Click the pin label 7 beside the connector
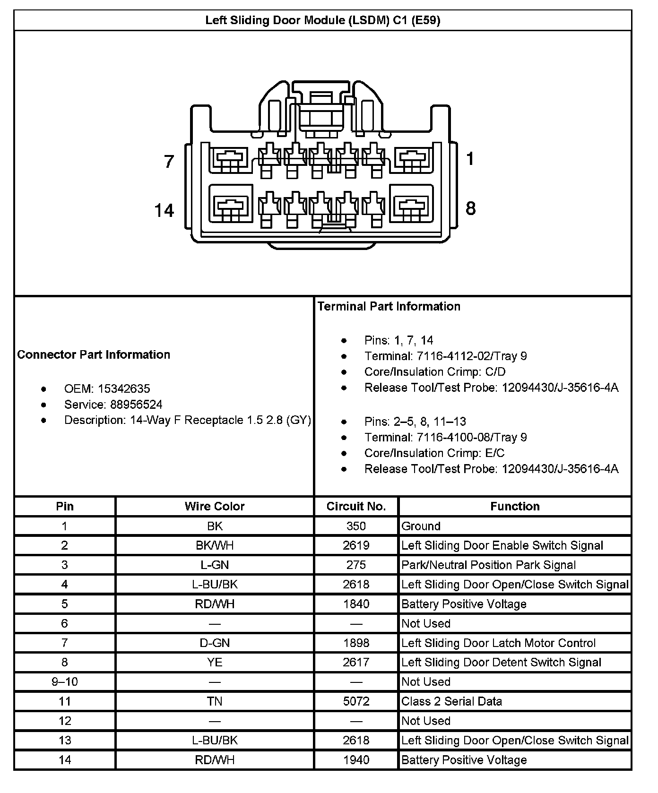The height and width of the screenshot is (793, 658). click(x=169, y=162)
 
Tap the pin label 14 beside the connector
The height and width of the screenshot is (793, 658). click(x=164, y=210)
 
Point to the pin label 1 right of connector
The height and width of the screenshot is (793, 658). click(x=470, y=159)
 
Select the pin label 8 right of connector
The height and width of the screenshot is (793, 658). click(x=470, y=208)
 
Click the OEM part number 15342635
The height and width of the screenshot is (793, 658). click(x=124, y=388)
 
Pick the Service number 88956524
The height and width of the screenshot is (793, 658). click(x=136, y=405)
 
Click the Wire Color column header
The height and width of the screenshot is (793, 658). click(x=215, y=507)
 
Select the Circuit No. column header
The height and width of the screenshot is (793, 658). click(x=356, y=507)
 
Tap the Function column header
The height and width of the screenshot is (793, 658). click(x=515, y=507)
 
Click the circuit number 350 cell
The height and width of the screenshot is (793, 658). click(x=356, y=526)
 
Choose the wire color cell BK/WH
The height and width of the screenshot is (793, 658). click(x=215, y=545)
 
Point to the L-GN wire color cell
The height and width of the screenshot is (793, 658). click(x=215, y=565)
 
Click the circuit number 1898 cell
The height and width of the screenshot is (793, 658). click(x=356, y=643)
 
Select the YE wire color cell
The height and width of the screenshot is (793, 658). click(x=215, y=662)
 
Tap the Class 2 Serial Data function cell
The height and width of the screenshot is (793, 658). click(x=451, y=701)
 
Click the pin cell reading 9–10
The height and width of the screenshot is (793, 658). click(x=65, y=681)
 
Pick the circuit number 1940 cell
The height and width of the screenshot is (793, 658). click(x=356, y=760)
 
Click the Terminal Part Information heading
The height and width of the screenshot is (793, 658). click(x=389, y=306)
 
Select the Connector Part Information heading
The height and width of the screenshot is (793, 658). click(x=94, y=354)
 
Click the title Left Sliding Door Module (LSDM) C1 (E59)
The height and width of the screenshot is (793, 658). click(x=323, y=20)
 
